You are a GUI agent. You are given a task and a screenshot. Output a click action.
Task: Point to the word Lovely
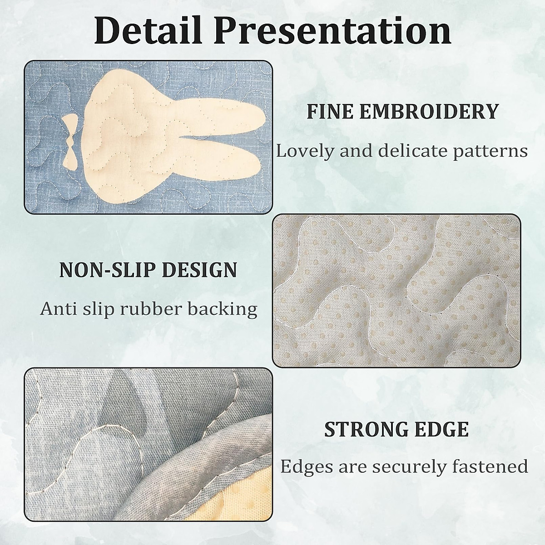click(306, 152)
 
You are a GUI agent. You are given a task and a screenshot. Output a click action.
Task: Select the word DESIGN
click(200, 270)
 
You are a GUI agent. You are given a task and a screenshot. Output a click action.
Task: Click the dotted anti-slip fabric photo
click(396, 291)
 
